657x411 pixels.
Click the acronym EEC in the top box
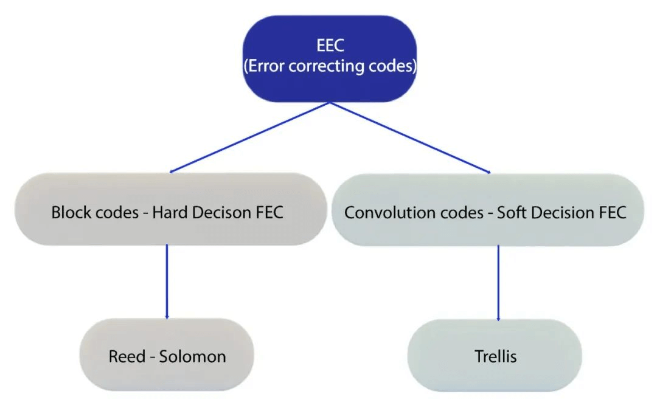[x=330, y=47]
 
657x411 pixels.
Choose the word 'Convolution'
[x=382, y=213]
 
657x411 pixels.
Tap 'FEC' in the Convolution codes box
[x=611, y=213]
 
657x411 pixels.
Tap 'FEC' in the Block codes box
[x=268, y=213]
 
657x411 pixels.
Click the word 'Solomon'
[x=192, y=356]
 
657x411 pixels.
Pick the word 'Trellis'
[x=496, y=356]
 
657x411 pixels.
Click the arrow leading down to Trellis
[x=499, y=283]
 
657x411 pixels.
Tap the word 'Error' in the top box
[x=265, y=66]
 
